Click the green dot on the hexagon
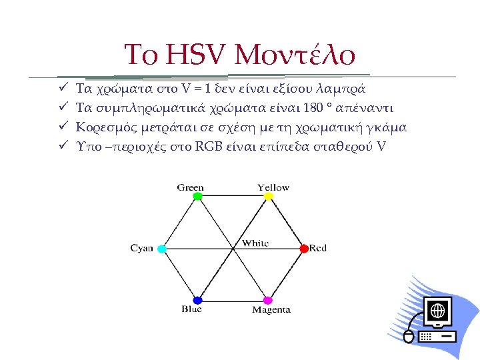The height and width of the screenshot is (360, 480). pos(197,197)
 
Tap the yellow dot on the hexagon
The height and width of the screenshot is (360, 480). pos(269,197)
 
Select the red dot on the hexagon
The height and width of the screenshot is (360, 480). pos(304,248)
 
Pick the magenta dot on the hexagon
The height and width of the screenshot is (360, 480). pos(268,300)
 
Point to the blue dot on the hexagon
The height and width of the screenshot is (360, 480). pos(197,300)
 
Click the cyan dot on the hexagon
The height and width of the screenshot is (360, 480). pos(161,248)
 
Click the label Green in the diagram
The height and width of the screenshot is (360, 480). pos(191,187)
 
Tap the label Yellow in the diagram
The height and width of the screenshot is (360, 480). pos(273,187)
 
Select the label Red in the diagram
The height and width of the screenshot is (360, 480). pos(318,248)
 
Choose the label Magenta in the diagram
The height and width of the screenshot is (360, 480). pos(271,310)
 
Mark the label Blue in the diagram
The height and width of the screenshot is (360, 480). pos(191,309)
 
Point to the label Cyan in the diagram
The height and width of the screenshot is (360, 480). pos(141,248)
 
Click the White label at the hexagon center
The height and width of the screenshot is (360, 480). pos(255,243)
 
